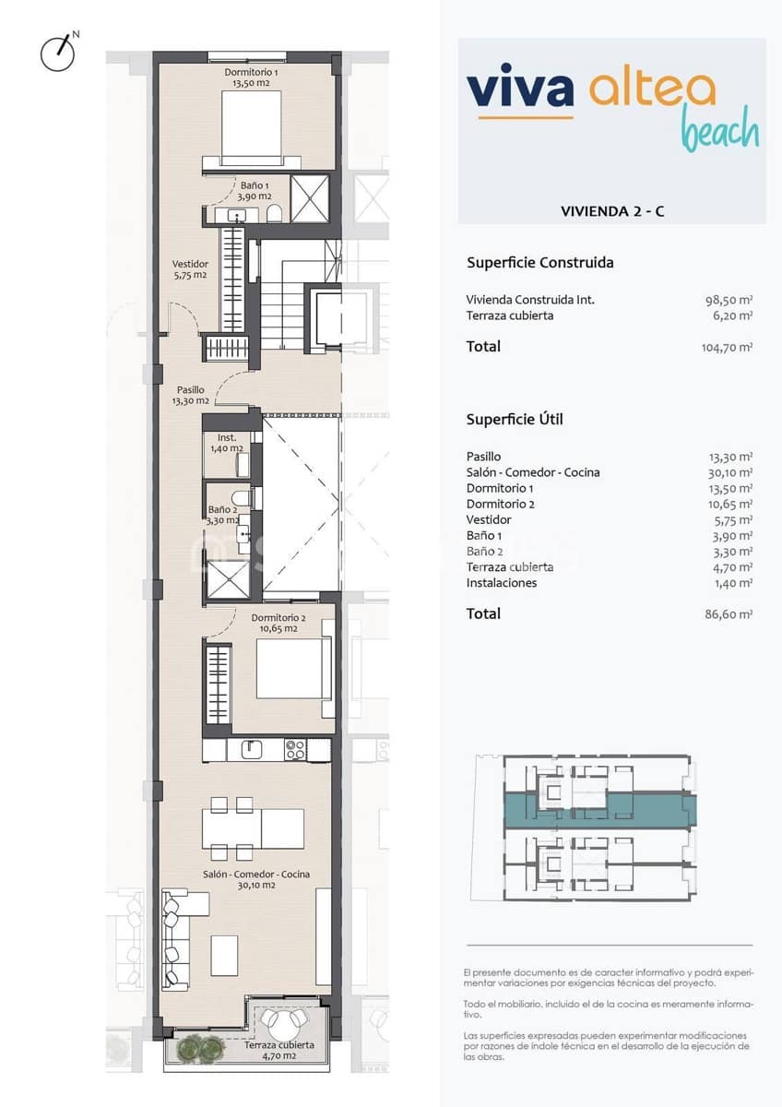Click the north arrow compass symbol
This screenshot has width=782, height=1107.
coord(57,53)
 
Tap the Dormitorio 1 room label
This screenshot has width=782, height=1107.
coord(251,77)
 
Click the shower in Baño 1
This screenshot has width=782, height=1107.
coord(310,197)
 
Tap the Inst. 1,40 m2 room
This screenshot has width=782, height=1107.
coord(226,448)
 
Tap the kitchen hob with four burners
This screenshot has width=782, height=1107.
coord(295,750)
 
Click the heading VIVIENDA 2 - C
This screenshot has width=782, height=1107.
coord(612,211)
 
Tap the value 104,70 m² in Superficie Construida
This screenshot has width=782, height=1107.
coord(727,347)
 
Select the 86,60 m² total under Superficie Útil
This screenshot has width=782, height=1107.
coord(729,613)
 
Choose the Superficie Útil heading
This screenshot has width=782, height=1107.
coord(515,420)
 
